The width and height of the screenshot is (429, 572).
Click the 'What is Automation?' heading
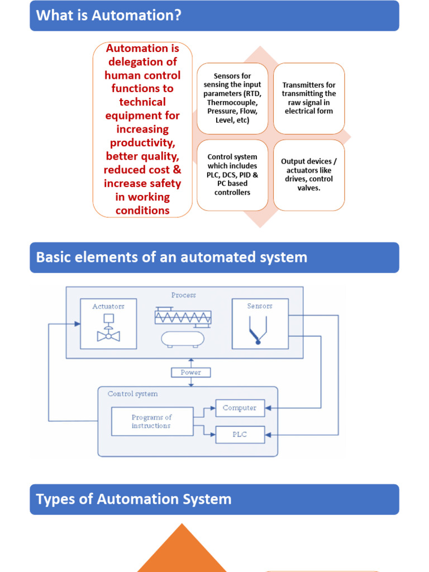(x=109, y=15)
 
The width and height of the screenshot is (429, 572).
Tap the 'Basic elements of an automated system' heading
(x=171, y=258)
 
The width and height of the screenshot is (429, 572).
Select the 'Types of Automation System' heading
(x=134, y=499)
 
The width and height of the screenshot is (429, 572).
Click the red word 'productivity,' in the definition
(x=142, y=142)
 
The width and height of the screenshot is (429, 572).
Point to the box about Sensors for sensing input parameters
(x=232, y=98)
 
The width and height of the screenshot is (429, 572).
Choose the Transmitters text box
(x=309, y=98)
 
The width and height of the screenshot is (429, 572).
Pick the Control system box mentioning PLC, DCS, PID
(x=232, y=175)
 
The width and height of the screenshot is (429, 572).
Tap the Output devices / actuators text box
(x=309, y=175)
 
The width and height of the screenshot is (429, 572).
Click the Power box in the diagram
(x=191, y=372)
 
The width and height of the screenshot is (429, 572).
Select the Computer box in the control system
(x=240, y=408)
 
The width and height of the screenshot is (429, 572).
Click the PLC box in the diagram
(x=240, y=434)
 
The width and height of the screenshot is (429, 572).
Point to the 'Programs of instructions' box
(x=151, y=422)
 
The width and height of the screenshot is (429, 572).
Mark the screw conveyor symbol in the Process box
(x=183, y=316)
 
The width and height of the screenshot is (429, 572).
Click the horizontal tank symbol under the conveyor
(x=183, y=339)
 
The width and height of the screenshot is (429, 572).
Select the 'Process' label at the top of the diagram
(x=184, y=295)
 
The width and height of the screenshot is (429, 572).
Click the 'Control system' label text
(x=132, y=394)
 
